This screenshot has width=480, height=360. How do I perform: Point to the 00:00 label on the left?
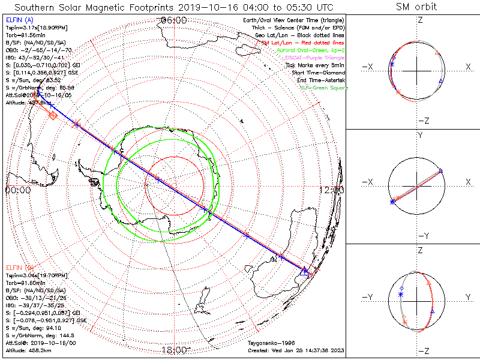pyautogui.click(x=18, y=190)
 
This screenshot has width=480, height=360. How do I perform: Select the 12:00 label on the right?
pyautogui.click(x=332, y=190)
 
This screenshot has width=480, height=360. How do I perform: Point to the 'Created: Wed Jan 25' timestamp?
pyautogui.click(x=295, y=350)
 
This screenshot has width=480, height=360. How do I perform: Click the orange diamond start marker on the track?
pyautogui.click(x=53, y=115)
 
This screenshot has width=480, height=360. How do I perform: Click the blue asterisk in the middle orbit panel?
pyautogui.click(x=392, y=203)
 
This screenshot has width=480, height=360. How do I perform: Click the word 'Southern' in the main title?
pyautogui.click(x=35, y=7)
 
